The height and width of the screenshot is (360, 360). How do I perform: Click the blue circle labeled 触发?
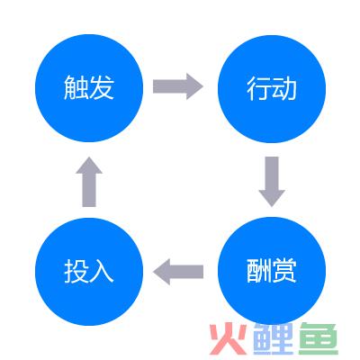coord(89,88)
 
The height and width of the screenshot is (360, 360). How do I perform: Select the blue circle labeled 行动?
coord(272,88)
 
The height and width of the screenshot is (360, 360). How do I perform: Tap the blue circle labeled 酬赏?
coord(272,271)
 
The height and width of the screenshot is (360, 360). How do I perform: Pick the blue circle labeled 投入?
coord(89,272)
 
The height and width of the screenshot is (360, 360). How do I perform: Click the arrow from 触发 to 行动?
coord(178,86)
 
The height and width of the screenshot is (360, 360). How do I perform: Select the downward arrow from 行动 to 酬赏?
coord(272,182)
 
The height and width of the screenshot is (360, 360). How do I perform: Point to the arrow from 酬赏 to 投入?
coord(178,272)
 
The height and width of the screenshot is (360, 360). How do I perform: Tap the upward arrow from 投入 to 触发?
coord(89,182)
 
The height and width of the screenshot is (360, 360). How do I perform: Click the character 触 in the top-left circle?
coord(76,87)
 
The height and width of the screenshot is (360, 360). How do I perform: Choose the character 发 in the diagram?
coord(102,87)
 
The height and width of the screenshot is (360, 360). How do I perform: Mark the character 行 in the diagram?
coord(259,88)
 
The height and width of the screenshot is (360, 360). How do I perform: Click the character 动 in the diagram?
coord(284,88)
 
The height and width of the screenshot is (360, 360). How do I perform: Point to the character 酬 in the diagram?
coord(259,271)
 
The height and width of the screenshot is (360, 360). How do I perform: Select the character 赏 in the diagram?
coord(284,271)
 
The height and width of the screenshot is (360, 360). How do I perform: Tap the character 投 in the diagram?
coord(76,271)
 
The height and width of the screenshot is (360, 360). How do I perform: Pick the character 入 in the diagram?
coord(102,271)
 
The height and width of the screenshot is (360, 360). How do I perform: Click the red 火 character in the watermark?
coord(229,338)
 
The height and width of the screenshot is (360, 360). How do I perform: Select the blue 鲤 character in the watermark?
coord(274,338)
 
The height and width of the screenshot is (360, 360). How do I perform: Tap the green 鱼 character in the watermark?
coord(319,338)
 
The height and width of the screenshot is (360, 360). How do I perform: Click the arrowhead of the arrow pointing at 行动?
coord(195,86)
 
